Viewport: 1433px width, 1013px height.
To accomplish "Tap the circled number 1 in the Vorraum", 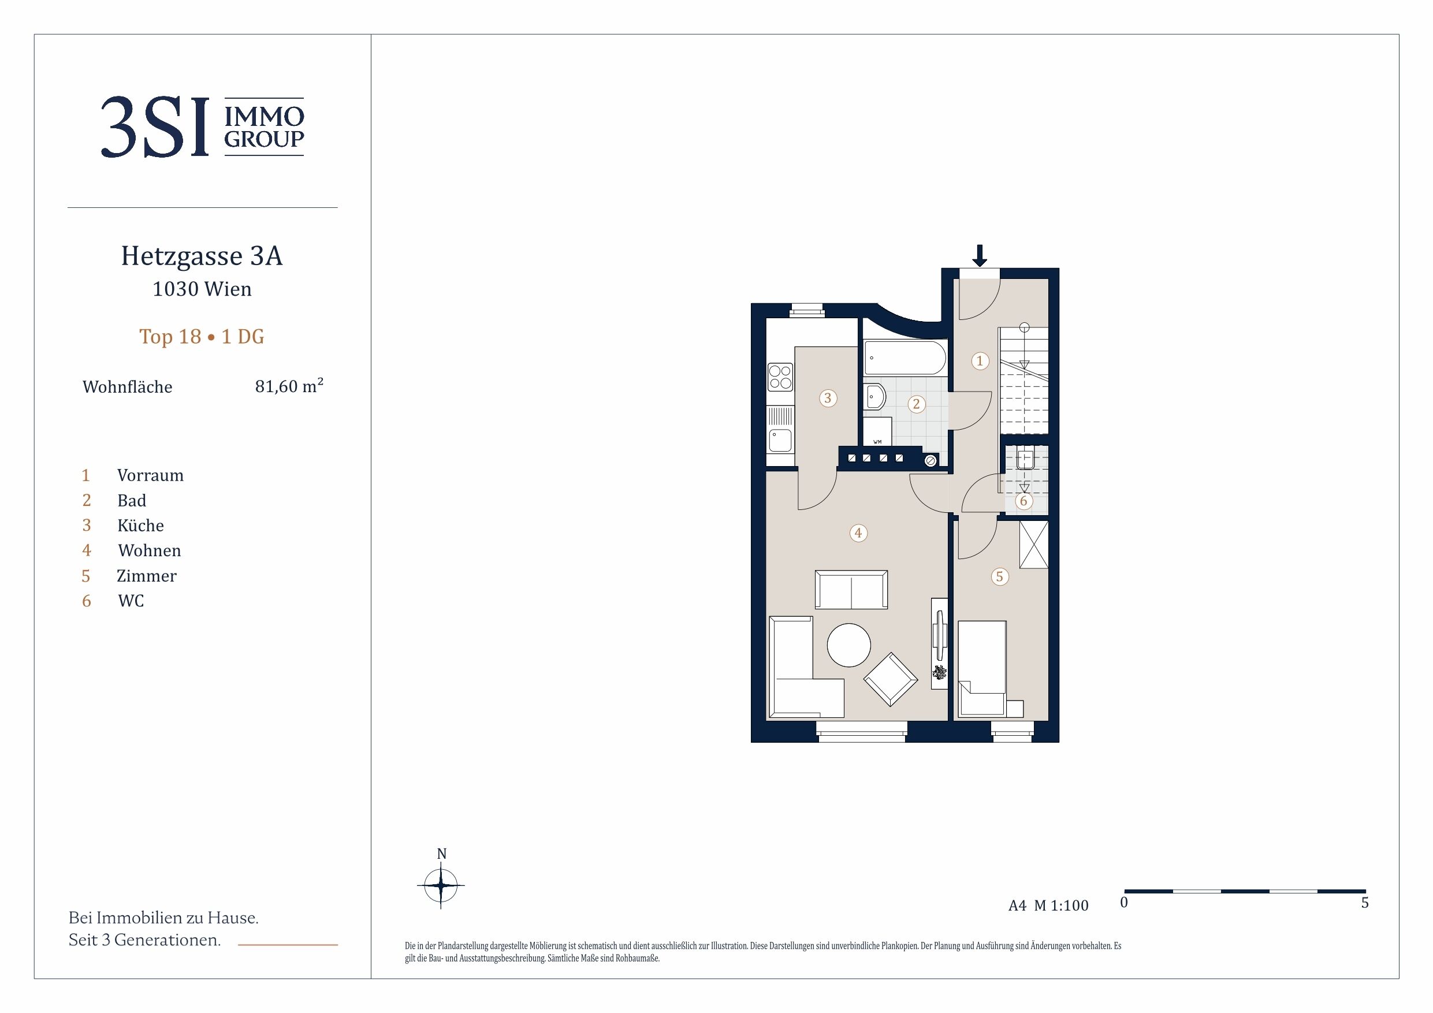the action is pos(980,361).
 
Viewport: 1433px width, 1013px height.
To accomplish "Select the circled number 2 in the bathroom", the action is pos(916,404).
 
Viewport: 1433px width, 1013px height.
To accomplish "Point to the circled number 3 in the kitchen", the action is pos(828,398).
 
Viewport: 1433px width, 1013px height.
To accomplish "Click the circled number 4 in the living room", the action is pos(858,533).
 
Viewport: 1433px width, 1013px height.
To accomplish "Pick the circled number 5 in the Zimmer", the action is pos(1000,577).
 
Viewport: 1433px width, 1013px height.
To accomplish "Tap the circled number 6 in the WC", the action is pos(1023,501).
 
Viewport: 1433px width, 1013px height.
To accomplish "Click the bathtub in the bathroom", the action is pos(905,357).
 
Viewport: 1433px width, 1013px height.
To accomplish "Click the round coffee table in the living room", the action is pos(849,645).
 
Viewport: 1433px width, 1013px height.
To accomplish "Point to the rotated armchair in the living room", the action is pos(891,679).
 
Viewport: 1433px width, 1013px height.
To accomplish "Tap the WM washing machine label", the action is pos(877,442).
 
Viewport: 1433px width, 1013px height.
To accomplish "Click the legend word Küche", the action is pos(140,526).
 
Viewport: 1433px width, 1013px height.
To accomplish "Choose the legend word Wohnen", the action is pos(150,550).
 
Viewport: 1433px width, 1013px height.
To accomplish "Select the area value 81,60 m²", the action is pos(289,386).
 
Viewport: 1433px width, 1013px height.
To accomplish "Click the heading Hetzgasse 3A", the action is pos(202,256).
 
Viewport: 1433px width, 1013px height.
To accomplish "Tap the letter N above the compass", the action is pos(442,854).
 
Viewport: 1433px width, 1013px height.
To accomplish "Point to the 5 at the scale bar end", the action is pos(1365,903).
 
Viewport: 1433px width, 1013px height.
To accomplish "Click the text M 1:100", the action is pos(1061,906).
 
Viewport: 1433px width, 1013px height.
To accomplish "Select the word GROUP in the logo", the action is pos(264,139).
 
